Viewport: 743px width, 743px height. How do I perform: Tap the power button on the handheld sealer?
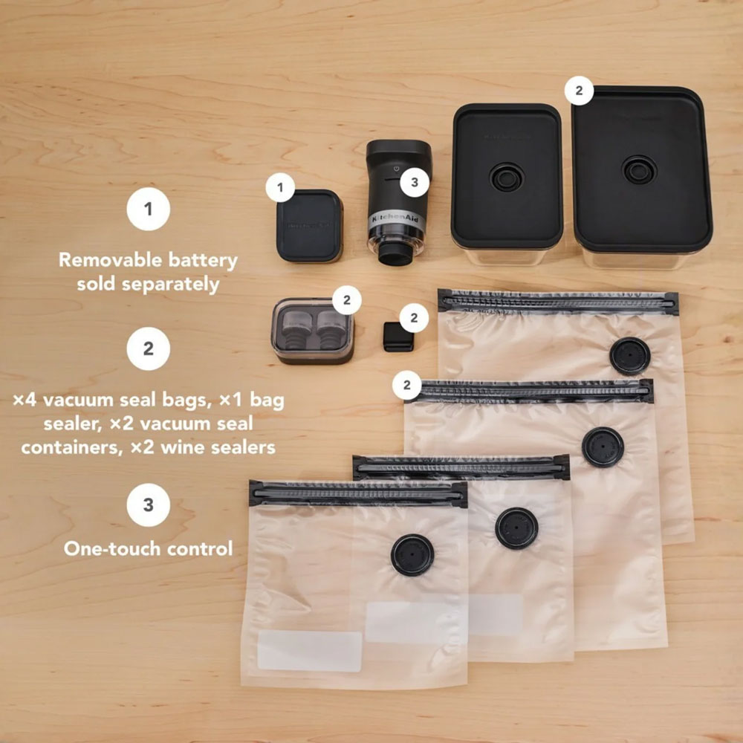tap(396, 169)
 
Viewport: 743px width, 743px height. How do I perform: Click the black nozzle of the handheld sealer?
tap(395, 256)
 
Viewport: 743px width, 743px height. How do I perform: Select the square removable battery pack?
tap(309, 226)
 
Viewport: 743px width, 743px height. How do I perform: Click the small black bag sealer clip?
tap(398, 337)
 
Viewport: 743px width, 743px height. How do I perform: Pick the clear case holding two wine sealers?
tap(313, 331)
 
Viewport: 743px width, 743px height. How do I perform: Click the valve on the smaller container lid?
tap(507, 178)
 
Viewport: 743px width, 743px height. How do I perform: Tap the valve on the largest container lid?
tap(639, 169)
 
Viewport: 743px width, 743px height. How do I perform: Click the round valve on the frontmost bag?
tap(412, 555)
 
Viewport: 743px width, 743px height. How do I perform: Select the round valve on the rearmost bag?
tap(630, 356)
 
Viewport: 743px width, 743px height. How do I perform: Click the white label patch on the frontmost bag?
tap(309, 651)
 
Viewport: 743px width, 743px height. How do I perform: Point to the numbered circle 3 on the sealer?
tap(415, 183)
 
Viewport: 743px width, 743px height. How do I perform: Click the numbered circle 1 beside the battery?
tap(280, 188)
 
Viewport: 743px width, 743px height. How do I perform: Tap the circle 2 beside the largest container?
tap(579, 90)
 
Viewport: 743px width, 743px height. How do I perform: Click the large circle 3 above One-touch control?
tap(149, 504)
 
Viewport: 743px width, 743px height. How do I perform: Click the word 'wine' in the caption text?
tap(183, 447)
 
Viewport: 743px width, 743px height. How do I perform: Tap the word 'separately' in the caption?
tap(171, 285)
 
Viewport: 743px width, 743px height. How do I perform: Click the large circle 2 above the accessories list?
tap(149, 348)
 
